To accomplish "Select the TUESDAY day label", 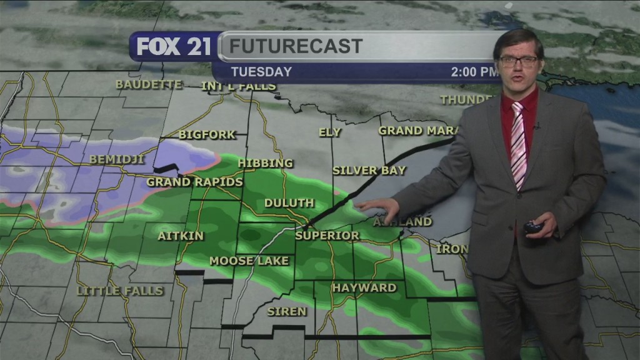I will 261,71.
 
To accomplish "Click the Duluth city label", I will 289,203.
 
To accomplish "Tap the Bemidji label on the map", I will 117,159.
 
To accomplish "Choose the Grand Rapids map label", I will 194,182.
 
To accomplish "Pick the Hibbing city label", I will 265,163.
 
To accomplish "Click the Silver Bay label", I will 369,170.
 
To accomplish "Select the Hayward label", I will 364,287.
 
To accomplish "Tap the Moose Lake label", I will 249,261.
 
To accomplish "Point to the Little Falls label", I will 120,291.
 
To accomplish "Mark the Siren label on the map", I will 287,311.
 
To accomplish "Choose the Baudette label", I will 149,84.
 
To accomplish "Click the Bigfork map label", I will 207,134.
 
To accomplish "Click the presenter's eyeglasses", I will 518,61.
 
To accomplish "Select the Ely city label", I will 330,132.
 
